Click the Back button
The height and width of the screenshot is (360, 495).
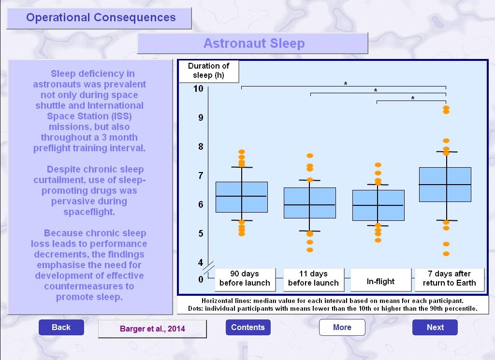(x=61, y=327)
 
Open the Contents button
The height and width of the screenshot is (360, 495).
(x=248, y=327)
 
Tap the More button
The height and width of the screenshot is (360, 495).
(x=342, y=327)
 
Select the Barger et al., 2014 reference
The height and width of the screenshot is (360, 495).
(x=152, y=329)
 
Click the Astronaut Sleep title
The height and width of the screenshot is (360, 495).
(x=254, y=43)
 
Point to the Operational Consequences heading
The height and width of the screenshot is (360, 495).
(x=101, y=17)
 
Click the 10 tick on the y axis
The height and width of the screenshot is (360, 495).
(x=198, y=88)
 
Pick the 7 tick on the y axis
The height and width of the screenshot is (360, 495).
(x=201, y=175)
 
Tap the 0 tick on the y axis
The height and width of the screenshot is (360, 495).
(x=201, y=279)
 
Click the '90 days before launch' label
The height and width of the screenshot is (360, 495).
(x=245, y=278)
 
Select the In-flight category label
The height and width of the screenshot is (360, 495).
(x=381, y=281)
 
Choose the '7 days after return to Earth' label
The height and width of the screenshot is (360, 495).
(x=449, y=278)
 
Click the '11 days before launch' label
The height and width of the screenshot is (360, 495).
(x=313, y=278)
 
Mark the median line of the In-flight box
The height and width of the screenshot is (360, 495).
(x=378, y=205)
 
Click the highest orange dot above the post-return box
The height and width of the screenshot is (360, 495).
(x=446, y=108)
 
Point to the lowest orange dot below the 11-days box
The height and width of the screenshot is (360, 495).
(x=310, y=250)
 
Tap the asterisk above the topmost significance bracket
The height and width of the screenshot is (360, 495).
(x=346, y=84)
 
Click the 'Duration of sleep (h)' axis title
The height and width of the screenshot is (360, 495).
(x=209, y=71)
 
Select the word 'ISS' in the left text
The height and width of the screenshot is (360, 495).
(x=121, y=116)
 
